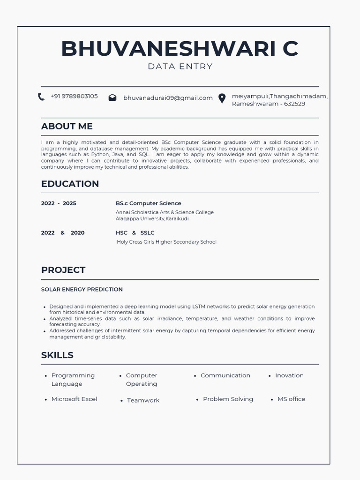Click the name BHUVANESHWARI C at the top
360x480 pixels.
(x=180, y=49)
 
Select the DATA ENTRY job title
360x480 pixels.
(x=180, y=67)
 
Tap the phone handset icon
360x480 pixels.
(x=41, y=97)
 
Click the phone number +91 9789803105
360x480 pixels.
(x=74, y=96)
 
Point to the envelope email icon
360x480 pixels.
(x=112, y=97)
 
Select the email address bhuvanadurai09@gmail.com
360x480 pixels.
(x=168, y=98)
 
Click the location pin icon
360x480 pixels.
(x=222, y=98)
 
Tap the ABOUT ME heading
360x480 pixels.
(x=67, y=126)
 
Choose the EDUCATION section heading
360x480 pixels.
(x=70, y=184)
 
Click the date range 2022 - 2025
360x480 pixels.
(x=59, y=203)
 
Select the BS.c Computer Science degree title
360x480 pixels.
(x=148, y=203)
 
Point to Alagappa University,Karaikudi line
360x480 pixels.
(x=152, y=218)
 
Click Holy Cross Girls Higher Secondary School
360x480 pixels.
(x=166, y=242)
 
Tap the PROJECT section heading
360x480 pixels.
(x=63, y=270)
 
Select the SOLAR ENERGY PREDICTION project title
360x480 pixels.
(x=82, y=290)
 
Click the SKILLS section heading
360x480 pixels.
(x=57, y=355)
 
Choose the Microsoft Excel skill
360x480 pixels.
(x=74, y=399)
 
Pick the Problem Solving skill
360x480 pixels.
(x=228, y=399)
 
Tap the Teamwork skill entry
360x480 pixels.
(x=143, y=400)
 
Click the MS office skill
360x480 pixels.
(x=291, y=399)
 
